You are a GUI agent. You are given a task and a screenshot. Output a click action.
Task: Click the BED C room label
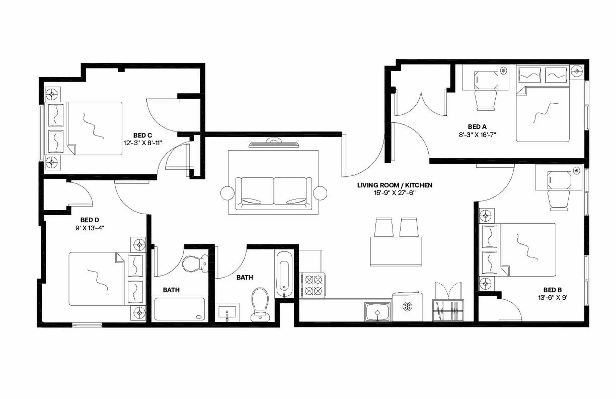pyautogui.click(x=142, y=135)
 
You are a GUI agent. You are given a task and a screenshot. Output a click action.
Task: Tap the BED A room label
pyautogui.click(x=477, y=127)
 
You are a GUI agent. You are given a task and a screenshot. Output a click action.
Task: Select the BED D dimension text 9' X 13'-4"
pyautogui.click(x=90, y=228)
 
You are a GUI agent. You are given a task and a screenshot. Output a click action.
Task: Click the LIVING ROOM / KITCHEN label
pyautogui.click(x=395, y=185)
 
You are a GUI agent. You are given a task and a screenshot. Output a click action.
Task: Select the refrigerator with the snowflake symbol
pyautogui.click(x=407, y=307)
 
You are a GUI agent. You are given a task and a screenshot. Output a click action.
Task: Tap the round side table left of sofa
pyautogui.click(x=227, y=193)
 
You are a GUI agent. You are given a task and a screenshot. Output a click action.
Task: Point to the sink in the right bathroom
pyautogui.click(x=227, y=312)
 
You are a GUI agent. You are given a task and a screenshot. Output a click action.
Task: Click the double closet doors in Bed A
pyautogui.click(x=421, y=104)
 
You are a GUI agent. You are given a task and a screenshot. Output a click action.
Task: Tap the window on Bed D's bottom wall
pyautogui.click(x=87, y=324)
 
